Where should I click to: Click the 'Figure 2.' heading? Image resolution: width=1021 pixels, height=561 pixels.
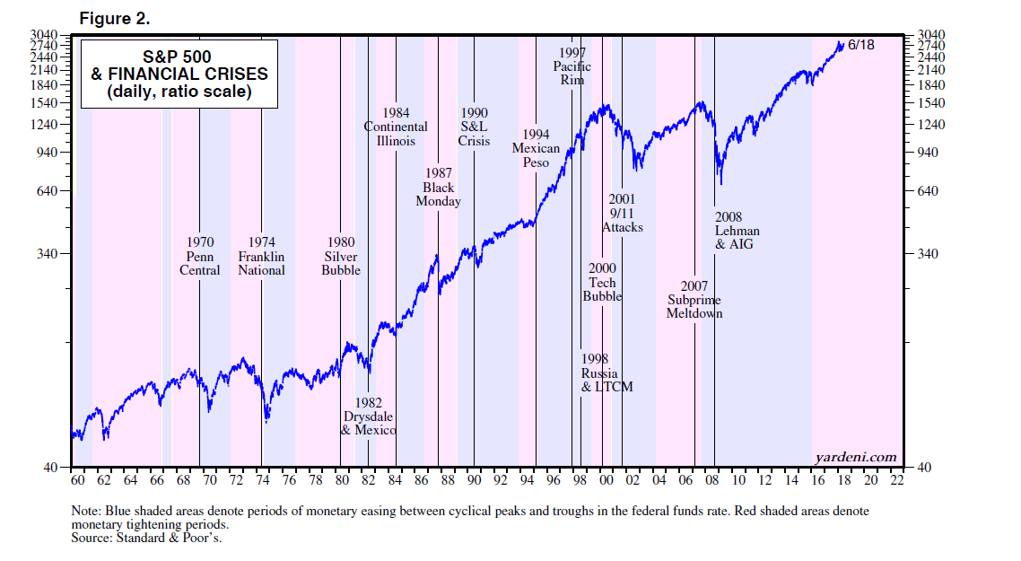[114, 18]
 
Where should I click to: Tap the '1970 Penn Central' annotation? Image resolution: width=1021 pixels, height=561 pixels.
[200, 256]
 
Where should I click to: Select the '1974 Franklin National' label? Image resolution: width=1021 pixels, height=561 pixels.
[262, 256]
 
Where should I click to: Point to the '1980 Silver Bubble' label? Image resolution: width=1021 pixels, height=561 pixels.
[341, 256]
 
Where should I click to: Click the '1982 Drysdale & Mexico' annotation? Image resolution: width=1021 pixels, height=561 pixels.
[369, 416]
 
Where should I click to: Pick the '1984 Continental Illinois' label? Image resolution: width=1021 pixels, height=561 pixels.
[396, 127]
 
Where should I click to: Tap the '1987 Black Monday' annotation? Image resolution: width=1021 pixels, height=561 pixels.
[438, 188]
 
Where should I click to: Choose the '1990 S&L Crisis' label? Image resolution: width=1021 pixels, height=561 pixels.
[474, 127]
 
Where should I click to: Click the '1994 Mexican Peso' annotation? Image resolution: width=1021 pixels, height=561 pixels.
[536, 148]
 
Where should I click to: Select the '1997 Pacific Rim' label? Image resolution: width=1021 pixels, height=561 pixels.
[572, 66]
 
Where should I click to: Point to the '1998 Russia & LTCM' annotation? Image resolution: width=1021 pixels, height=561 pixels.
[606, 373]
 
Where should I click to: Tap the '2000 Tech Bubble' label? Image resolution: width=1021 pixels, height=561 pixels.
[602, 282]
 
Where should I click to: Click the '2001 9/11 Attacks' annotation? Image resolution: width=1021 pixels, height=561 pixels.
[622, 214]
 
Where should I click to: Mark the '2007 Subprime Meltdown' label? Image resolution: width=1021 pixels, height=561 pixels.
[694, 300]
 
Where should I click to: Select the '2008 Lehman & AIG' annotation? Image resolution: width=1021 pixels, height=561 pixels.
[737, 230]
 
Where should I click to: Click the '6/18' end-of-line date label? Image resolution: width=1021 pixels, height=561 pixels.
[860, 45]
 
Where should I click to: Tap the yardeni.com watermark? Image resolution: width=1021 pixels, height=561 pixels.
[856, 457]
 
